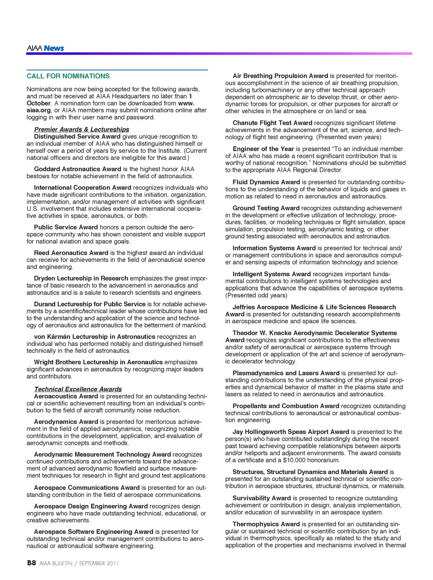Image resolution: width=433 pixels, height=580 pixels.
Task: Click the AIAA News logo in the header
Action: (x=45, y=48)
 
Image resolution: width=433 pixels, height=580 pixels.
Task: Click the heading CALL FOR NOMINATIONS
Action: (x=68, y=76)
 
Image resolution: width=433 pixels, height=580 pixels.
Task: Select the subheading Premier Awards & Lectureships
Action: (x=82, y=130)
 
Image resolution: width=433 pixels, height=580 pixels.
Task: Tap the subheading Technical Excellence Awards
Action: (x=78, y=389)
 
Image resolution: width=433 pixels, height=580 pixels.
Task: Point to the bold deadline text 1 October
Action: (x=38, y=103)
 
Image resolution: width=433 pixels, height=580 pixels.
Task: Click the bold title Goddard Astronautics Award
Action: (x=78, y=169)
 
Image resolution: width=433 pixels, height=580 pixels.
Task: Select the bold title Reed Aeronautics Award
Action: (x=71, y=253)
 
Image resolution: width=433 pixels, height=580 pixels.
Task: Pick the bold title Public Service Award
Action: (x=66, y=227)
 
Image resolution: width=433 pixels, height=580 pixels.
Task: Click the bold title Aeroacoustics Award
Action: (x=66, y=396)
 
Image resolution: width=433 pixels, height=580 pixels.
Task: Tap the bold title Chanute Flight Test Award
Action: (x=272, y=123)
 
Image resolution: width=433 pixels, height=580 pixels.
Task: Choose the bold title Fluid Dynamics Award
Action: (x=266, y=182)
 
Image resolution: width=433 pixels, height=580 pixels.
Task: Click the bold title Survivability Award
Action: (x=262, y=498)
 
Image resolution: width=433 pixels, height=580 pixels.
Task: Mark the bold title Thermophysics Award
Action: (x=266, y=524)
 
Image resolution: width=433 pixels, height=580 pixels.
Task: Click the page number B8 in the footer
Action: (x=31, y=563)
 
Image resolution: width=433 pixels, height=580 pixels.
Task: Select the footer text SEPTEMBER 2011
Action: (x=99, y=563)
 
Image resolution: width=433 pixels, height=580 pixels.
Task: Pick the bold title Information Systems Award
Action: (x=274, y=248)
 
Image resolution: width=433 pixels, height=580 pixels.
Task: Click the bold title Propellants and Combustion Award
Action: (x=286, y=406)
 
